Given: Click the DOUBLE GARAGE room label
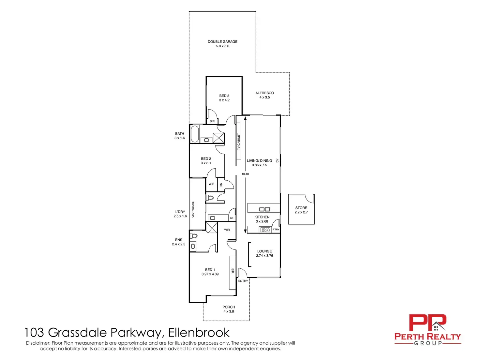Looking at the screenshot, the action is pyautogui.click(x=222, y=41).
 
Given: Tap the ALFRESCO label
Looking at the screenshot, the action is pyautogui.click(x=264, y=93).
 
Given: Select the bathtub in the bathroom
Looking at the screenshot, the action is pyautogui.click(x=195, y=134).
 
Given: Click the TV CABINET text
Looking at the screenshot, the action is pyautogui.click(x=239, y=142).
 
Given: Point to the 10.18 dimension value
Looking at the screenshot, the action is pyautogui.click(x=245, y=174).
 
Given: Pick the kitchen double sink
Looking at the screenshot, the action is pyautogui.click(x=264, y=209).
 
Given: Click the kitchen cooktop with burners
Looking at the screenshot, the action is pyautogui.click(x=265, y=230).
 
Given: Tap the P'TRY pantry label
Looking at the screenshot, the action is pyautogui.click(x=276, y=230).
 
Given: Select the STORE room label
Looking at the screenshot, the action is pyautogui.click(x=301, y=208).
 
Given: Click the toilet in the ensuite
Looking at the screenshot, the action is pyautogui.click(x=194, y=236).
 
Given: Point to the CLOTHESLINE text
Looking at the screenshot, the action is pyautogui.click(x=193, y=209).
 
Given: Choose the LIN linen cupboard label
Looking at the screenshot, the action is pyautogui.click(x=221, y=185).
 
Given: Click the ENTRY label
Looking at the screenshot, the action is pyautogui.click(x=243, y=281).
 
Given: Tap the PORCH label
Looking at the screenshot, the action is pyautogui.click(x=229, y=307).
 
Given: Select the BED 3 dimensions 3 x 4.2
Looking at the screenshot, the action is pyautogui.click(x=224, y=100).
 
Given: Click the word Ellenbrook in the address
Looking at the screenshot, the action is pyautogui.click(x=199, y=333).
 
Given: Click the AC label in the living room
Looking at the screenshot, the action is pyautogui.click(x=277, y=161).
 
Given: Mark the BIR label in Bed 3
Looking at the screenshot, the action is pyautogui.click(x=212, y=121).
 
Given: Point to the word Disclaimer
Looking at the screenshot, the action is pyautogui.click(x=38, y=343).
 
